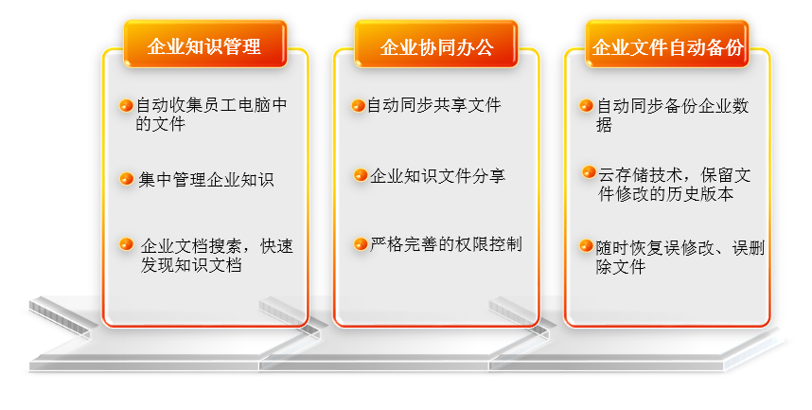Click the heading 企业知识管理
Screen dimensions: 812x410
[x=204, y=46]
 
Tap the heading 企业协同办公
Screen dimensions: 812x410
[x=436, y=47]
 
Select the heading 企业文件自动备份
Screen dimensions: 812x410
[x=668, y=47]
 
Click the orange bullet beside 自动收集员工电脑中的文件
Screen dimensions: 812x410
[x=127, y=106]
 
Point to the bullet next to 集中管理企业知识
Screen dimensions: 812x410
[x=127, y=179]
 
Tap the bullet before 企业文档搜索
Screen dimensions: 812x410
[x=127, y=243]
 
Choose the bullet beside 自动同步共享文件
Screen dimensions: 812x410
[x=359, y=106]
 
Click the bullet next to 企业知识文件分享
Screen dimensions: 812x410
[x=361, y=175]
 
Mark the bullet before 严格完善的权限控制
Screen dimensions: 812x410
[x=361, y=243]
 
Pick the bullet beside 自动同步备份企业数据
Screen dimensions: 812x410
[x=586, y=106]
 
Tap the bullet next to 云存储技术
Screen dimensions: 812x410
[x=589, y=172]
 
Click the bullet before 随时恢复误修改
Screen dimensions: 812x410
[x=586, y=245]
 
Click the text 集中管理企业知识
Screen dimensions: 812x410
[x=206, y=180]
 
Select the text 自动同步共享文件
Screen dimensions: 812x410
[x=434, y=105]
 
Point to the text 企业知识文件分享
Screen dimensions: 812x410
[x=437, y=176]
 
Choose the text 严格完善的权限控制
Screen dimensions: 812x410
[x=446, y=244]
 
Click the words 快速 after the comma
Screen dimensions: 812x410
[x=277, y=246]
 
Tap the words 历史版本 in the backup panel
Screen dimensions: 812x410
[x=700, y=194]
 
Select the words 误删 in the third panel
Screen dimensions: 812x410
[x=749, y=248]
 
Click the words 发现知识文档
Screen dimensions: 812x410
[x=191, y=265]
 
